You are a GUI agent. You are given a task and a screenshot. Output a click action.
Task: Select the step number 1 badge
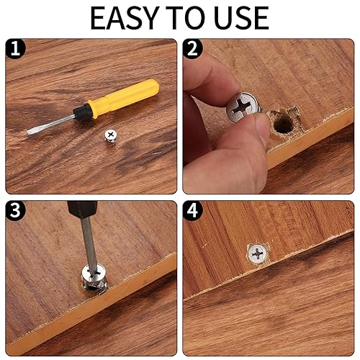[14, 50]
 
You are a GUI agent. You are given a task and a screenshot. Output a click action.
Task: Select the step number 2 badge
[192, 50]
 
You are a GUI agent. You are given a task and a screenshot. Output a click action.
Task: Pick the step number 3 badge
[14, 211]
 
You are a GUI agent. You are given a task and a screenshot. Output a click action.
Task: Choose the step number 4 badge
[192, 211]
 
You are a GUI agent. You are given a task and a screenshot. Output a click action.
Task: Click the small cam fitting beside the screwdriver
[110, 135]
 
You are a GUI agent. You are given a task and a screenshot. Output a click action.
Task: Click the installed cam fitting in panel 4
[258, 253]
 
